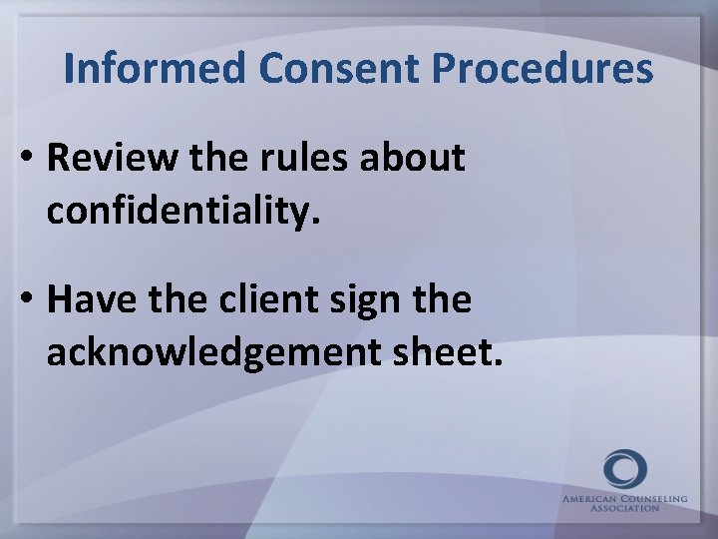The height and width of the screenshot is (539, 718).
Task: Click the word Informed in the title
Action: click(x=154, y=69)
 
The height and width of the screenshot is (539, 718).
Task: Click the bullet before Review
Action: click(x=27, y=159)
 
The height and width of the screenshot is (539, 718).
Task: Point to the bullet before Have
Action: click(x=27, y=300)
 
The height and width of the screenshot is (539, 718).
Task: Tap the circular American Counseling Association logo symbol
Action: click(x=625, y=469)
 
